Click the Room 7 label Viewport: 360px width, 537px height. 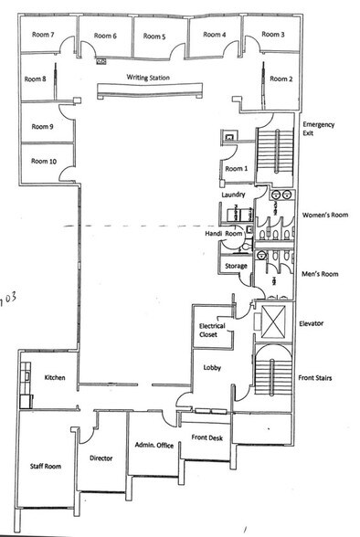pyautogui.click(x=41, y=35)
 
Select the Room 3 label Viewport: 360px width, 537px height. pyautogui.click(x=273, y=35)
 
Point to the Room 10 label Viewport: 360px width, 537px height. pyautogui.click(x=44, y=161)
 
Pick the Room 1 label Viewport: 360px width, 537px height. pyautogui.click(x=236, y=169)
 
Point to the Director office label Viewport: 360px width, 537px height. pyautogui.click(x=101, y=458)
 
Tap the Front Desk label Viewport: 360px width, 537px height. pyautogui.click(x=209, y=438)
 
